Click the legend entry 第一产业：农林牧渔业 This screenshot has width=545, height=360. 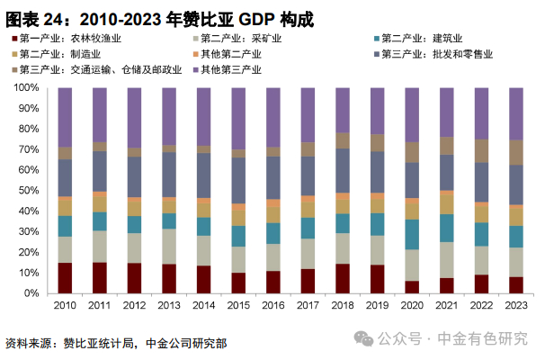[x=68, y=39]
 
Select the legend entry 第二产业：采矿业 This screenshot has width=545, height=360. [x=238, y=39]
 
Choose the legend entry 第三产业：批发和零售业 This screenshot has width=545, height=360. [x=436, y=54]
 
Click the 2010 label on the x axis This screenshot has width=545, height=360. [x=65, y=306]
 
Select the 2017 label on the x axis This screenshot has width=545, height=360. [x=308, y=306]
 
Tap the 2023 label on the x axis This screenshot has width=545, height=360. [x=516, y=306]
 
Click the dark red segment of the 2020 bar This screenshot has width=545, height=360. [x=412, y=287]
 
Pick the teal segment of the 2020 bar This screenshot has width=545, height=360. [x=412, y=234]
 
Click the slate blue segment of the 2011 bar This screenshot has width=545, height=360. [x=100, y=171]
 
